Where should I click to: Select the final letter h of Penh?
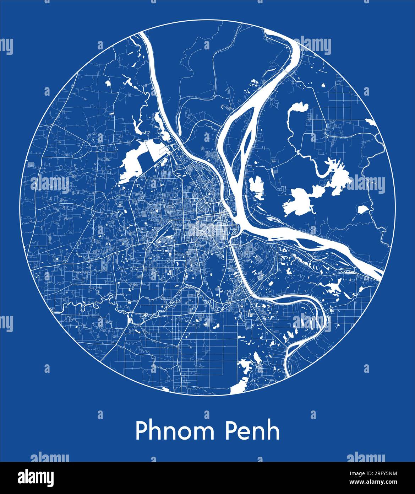coord(273,431)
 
